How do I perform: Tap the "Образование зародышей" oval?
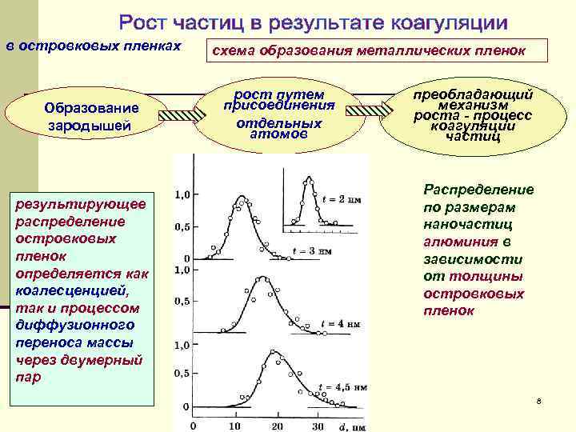[92, 117]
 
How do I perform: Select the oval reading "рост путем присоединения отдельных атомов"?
[278, 114]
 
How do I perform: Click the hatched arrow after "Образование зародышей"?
[182, 116]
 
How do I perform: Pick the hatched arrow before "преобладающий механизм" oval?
[375, 115]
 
